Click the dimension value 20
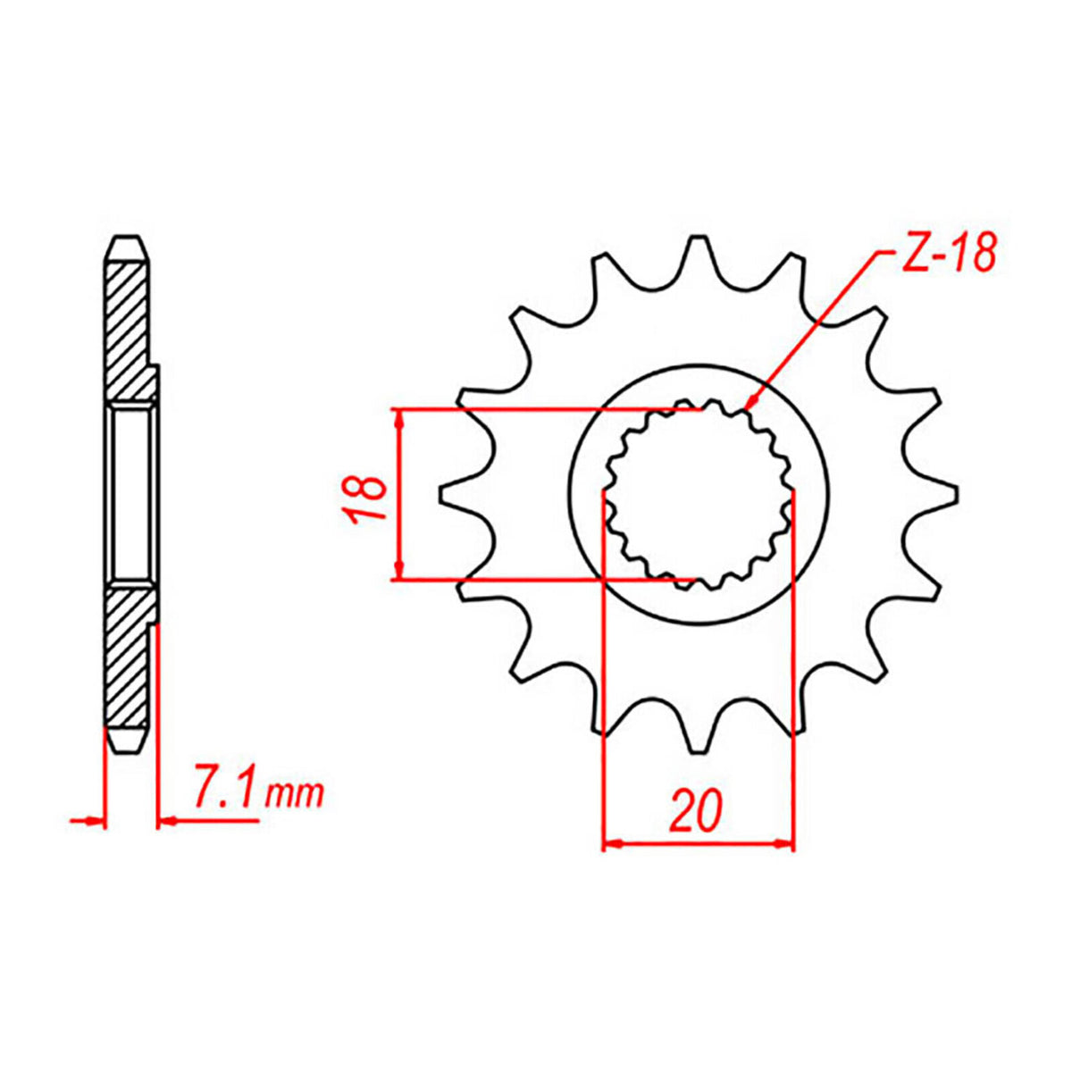click(695, 811)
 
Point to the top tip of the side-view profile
click(126, 239)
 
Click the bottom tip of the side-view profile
click(126, 749)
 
